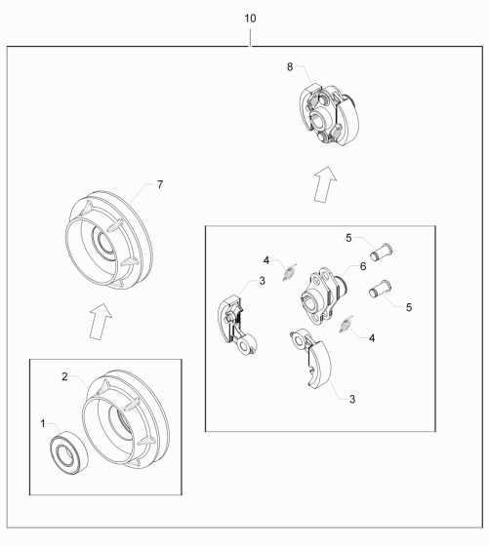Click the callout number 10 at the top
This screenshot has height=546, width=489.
[250, 19]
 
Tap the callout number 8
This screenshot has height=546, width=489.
[290, 67]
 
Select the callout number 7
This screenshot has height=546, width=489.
[160, 184]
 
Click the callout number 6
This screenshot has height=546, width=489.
[363, 266]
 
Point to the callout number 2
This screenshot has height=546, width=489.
[64, 376]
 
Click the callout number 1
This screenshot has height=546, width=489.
[43, 424]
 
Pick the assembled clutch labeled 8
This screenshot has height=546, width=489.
[329, 114]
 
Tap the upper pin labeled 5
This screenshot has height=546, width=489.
[381, 253]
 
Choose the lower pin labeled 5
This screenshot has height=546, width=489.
[381, 290]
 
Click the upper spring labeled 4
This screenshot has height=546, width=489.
[289, 272]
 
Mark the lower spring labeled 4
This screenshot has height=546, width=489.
[346, 324]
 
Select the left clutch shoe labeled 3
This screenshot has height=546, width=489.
[236, 325]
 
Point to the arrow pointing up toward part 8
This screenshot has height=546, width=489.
[325, 184]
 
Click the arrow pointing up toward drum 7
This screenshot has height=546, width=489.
[101, 322]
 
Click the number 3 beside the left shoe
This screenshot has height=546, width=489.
[263, 281]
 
